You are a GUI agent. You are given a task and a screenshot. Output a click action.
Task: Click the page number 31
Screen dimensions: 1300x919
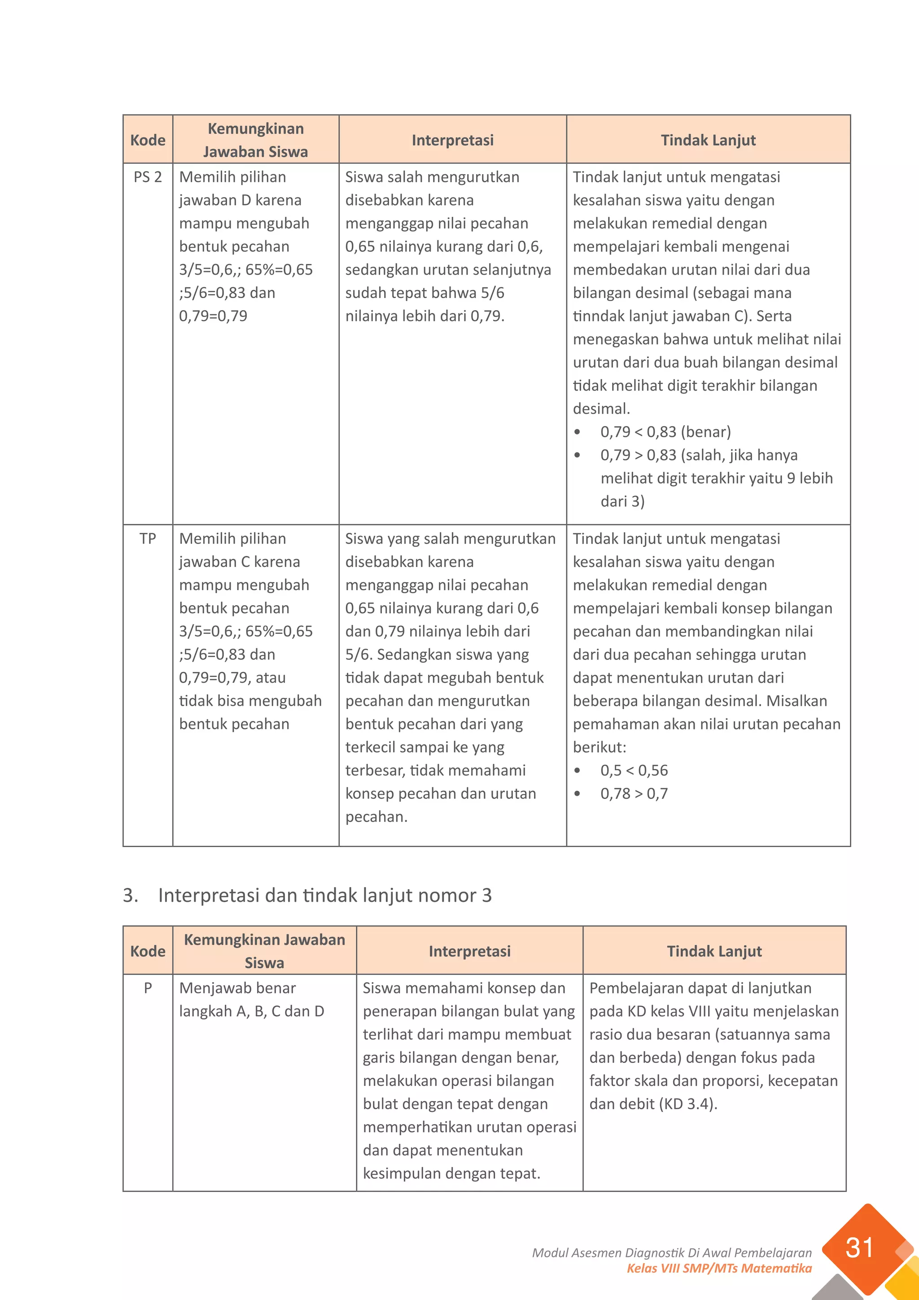[x=859, y=1248]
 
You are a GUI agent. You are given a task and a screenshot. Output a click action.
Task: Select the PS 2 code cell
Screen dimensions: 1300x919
[x=148, y=177]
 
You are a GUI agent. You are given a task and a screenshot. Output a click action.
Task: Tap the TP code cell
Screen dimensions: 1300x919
[x=148, y=539]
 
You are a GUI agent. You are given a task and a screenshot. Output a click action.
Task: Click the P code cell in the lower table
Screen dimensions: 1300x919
[x=148, y=988]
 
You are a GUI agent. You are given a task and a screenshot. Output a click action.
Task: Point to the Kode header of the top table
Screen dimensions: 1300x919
[x=148, y=140]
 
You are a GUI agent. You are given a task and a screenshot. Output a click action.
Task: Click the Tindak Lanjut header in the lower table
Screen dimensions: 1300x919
[x=714, y=951]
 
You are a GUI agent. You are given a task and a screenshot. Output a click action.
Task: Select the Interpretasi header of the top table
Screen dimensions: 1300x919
[x=452, y=140]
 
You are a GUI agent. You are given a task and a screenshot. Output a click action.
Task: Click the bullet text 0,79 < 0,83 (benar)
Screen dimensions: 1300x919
[x=665, y=432]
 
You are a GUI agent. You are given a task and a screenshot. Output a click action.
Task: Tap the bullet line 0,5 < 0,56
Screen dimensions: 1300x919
[x=634, y=771]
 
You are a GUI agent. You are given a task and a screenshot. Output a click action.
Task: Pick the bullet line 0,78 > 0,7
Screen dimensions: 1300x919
[x=634, y=794]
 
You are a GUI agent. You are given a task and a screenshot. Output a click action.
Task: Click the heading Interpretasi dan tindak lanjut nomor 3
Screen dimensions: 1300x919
[x=324, y=895]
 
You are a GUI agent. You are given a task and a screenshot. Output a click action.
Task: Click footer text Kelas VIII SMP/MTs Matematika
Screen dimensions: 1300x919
[x=719, y=1268]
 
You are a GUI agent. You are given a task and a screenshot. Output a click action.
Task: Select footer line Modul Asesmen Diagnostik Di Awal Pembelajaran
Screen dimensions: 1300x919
[x=672, y=1253]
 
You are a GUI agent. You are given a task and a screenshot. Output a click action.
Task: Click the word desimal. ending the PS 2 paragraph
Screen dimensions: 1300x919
[x=601, y=409]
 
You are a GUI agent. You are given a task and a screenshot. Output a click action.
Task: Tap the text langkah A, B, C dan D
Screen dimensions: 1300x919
[x=251, y=1011]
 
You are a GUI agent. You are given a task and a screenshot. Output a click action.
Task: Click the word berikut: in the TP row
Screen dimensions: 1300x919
[x=599, y=747]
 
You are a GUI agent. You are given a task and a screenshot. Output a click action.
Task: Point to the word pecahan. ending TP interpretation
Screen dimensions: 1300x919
[x=376, y=817]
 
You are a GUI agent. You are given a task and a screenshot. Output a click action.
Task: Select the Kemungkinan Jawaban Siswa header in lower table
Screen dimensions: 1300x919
[x=264, y=951]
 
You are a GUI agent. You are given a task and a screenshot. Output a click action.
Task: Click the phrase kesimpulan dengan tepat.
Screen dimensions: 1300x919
[x=451, y=1174]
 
